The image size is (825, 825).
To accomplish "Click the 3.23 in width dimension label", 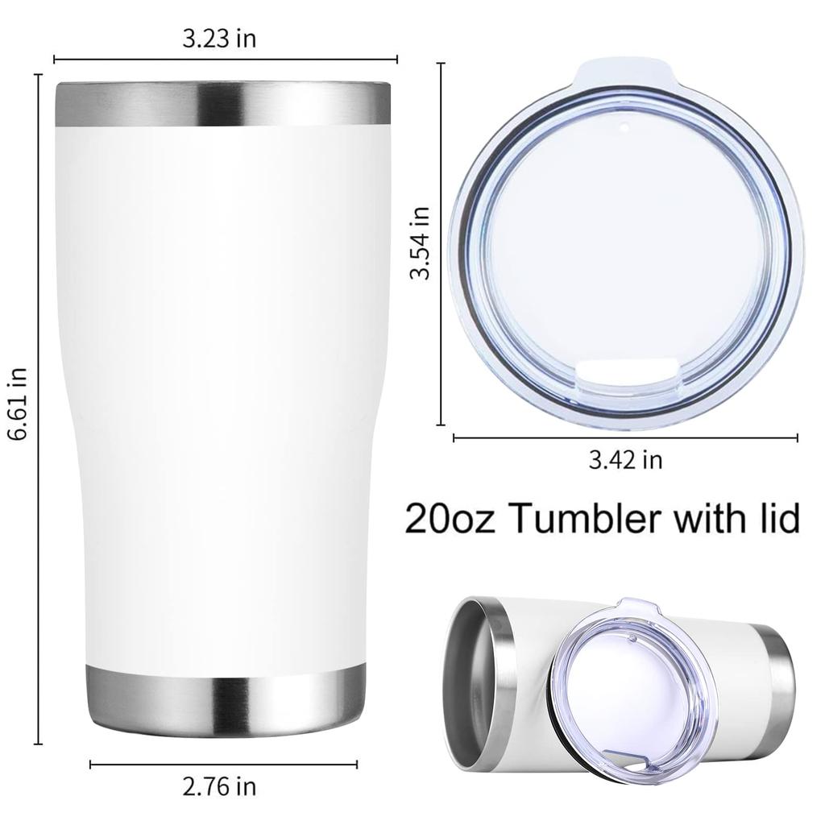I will click(x=219, y=39).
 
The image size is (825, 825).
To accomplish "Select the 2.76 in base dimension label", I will click(x=219, y=785).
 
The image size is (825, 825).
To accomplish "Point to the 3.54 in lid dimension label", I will click(x=419, y=243).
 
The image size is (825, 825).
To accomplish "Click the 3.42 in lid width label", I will click(x=625, y=460).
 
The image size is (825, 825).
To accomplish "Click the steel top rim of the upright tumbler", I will click(x=222, y=104).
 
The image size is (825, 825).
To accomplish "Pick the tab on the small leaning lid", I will click(x=620, y=606).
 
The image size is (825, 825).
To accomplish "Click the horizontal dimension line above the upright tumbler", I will click(x=226, y=59).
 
